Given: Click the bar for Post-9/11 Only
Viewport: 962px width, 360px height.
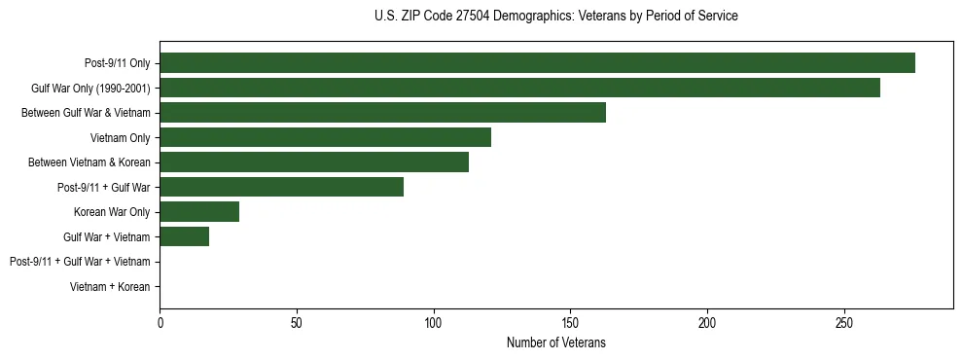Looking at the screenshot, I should pyautogui.click(x=537, y=63).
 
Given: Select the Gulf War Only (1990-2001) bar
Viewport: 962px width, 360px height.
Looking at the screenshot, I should pyautogui.click(x=519, y=88).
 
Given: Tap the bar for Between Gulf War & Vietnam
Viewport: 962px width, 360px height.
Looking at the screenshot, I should pyautogui.click(x=382, y=113).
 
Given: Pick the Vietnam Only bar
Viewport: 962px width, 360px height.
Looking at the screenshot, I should pyautogui.click(x=325, y=137).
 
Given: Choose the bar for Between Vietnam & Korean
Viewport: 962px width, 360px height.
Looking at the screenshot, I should pyautogui.click(x=314, y=162).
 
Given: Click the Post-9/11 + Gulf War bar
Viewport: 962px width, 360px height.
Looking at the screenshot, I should pyautogui.click(x=281, y=187).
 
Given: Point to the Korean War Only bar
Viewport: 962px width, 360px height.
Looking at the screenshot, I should pyautogui.click(x=199, y=212).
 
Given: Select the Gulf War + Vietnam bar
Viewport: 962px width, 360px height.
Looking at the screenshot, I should pyautogui.click(x=184, y=236).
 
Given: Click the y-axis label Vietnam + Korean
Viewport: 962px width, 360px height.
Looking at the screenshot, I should pyautogui.click(x=110, y=287).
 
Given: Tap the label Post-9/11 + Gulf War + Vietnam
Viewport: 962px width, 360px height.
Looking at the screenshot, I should pyautogui.click(x=79, y=262).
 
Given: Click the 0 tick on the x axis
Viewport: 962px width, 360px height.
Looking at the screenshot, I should pyautogui.click(x=160, y=323).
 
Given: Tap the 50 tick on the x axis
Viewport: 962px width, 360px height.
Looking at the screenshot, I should pyautogui.click(x=297, y=323).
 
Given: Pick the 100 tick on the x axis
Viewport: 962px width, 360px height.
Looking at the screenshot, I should pyautogui.click(x=434, y=323).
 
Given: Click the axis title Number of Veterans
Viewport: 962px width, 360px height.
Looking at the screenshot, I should pyautogui.click(x=555, y=342).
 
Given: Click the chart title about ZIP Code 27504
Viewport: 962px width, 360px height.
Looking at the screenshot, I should pyautogui.click(x=555, y=17).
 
